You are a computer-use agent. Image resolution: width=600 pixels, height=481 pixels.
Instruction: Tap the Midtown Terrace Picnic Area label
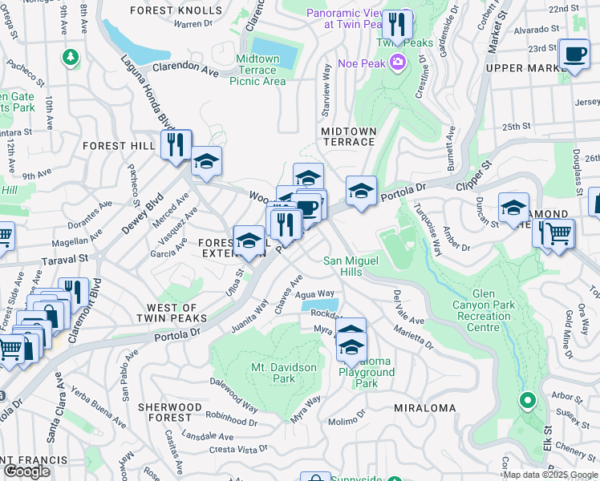tap(257, 70)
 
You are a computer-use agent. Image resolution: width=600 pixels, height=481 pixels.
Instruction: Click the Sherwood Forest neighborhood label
tap(170, 412)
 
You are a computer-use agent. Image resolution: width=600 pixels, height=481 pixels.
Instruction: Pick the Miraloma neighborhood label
tap(424, 408)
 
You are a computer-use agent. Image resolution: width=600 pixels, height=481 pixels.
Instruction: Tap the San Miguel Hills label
tap(354, 266)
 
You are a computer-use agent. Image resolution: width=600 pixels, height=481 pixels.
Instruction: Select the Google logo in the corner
tap(26, 471)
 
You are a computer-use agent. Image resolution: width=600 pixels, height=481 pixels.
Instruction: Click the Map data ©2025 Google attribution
tap(550, 475)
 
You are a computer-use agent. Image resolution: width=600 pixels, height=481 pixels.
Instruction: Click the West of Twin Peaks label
tap(172, 313)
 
